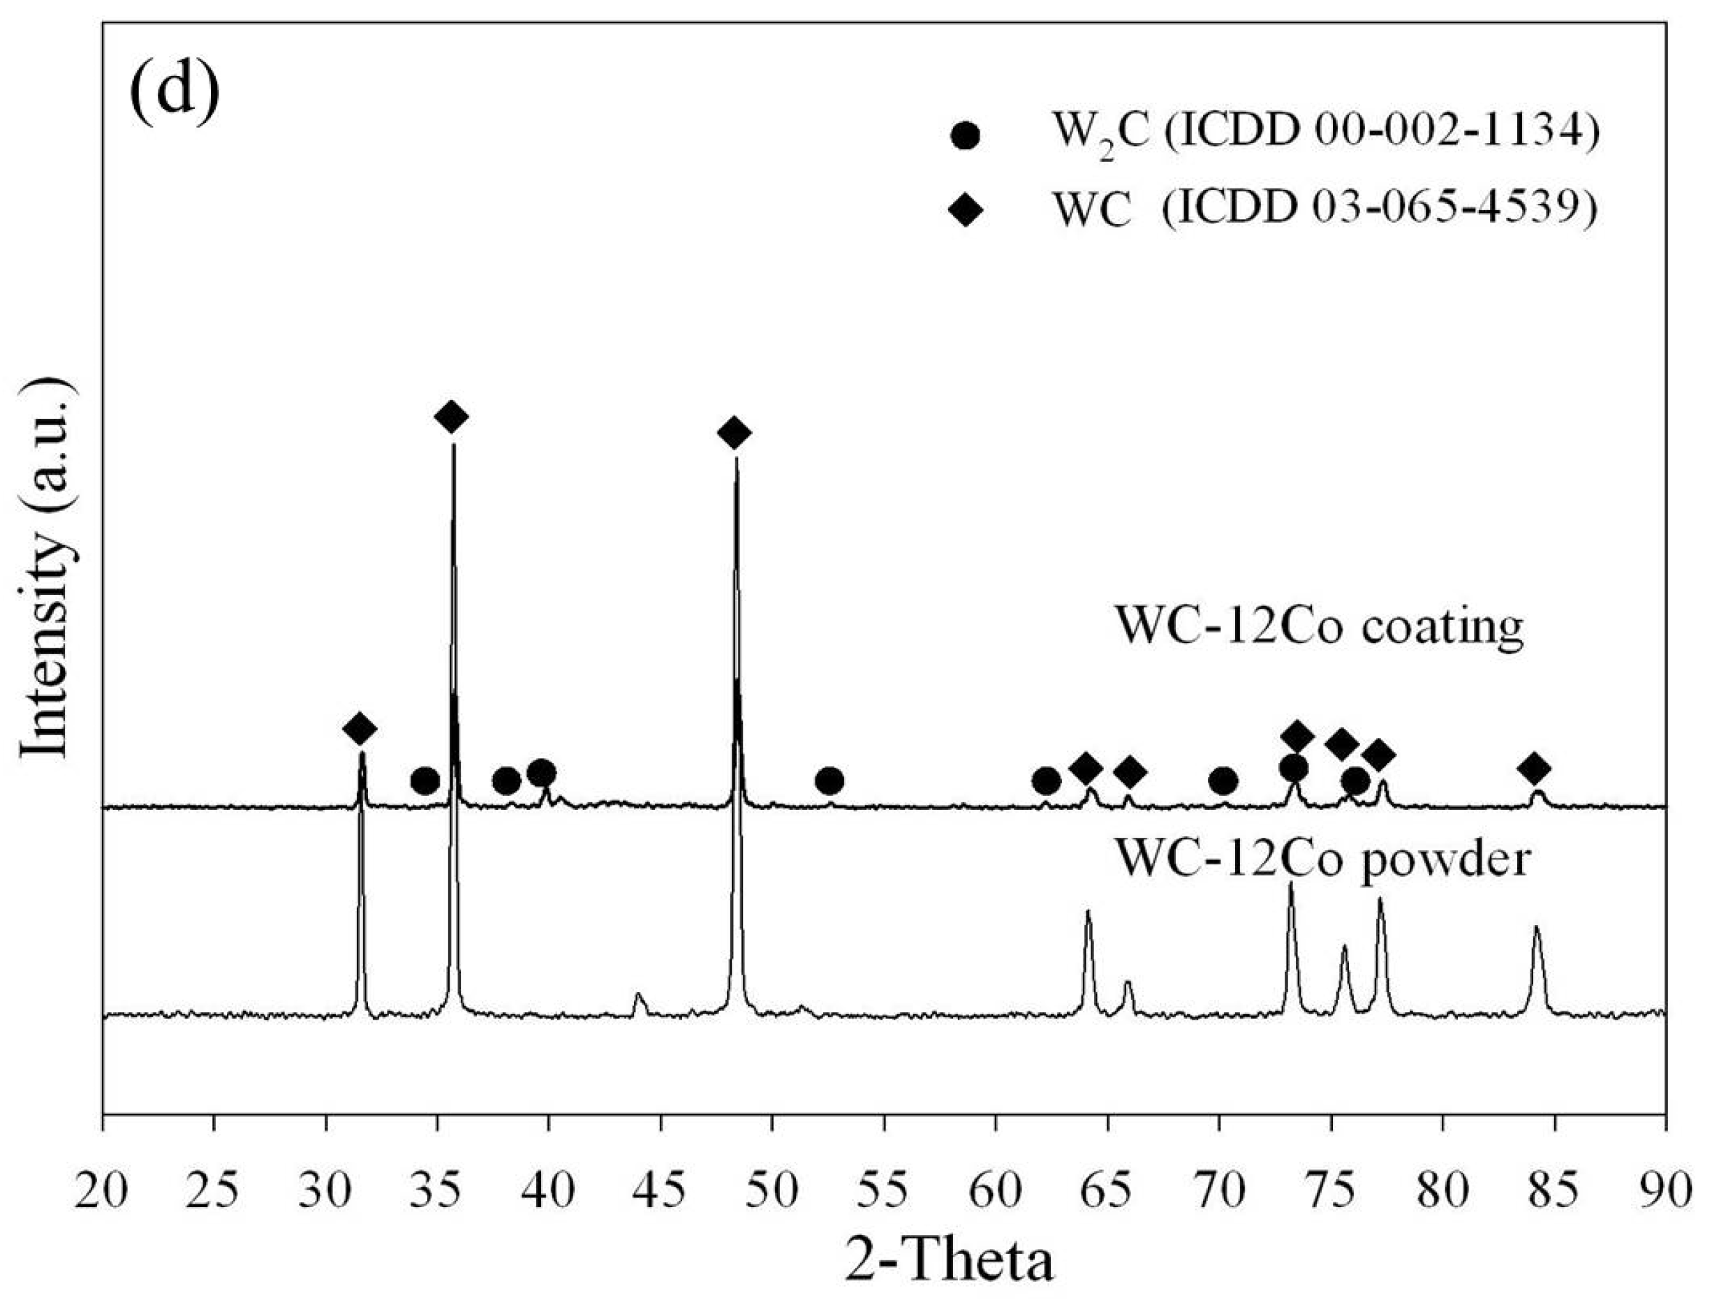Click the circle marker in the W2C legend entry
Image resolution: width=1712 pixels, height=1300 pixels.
coord(965,135)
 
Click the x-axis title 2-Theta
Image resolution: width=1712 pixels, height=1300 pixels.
coord(949,1262)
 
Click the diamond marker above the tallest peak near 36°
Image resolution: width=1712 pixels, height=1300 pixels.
coord(452,417)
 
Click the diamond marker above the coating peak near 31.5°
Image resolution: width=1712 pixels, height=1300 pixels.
coord(360,727)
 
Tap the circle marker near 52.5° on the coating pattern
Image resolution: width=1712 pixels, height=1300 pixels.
coord(829,781)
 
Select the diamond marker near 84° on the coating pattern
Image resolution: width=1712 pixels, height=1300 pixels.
coord(1534,769)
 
